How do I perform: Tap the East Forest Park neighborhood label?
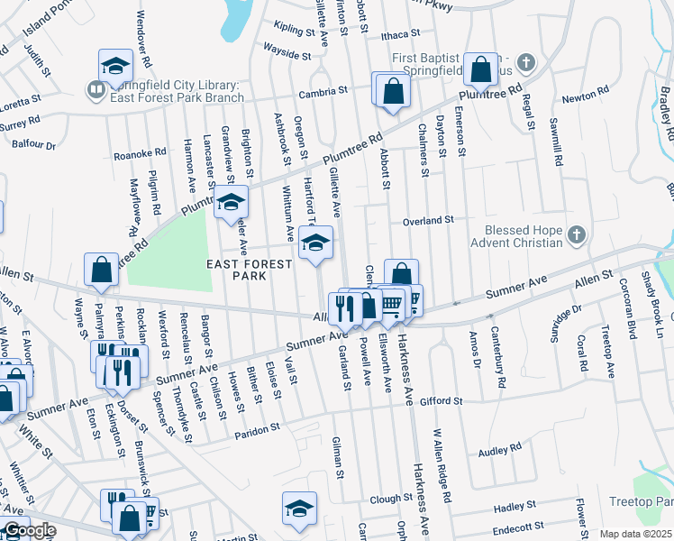pyautogui.click(x=250, y=270)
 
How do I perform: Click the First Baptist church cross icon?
pyautogui.click(x=527, y=63)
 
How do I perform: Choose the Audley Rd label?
pyautogui.click(x=500, y=448)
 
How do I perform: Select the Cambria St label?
pyautogui.click(x=324, y=91)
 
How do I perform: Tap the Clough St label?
pyautogui.click(x=390, y=498)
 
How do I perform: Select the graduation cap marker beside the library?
pyautogui.click(x=115, y=67)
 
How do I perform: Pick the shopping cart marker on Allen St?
pyautogui.click(x=391, y=303)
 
